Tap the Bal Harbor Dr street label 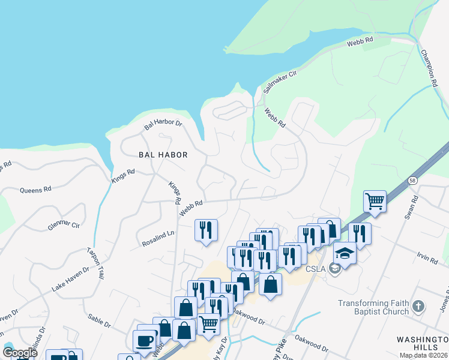163,123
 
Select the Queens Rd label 35,190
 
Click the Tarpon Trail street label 95,264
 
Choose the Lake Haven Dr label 70,280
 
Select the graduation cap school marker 345,253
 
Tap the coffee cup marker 144,341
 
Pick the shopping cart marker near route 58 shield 375,201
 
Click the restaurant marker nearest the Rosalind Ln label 206,230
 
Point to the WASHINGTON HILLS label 422,343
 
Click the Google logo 20,353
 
